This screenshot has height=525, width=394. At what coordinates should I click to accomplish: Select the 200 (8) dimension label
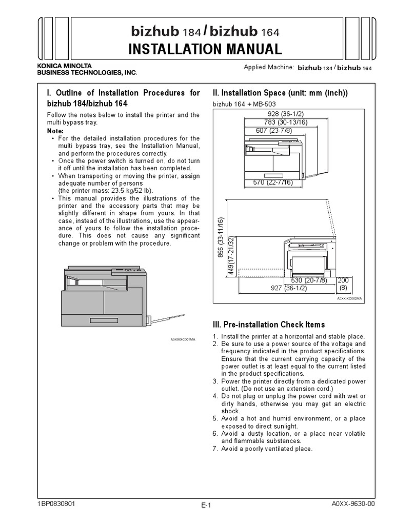click(343, 285)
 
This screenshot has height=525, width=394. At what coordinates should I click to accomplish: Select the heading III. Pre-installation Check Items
click(268, 325)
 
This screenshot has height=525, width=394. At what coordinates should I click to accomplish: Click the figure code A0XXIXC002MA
click(349, 298)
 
